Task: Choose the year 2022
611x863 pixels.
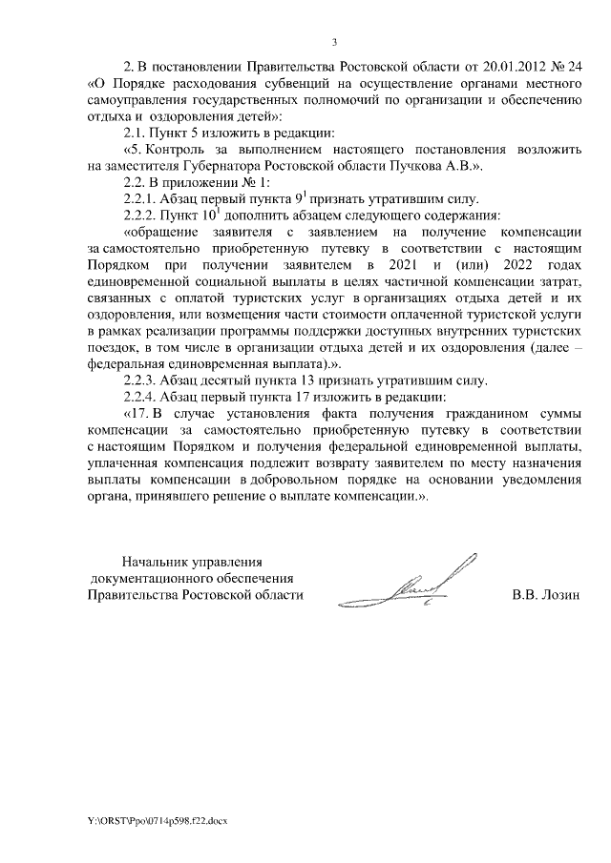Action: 510,264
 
